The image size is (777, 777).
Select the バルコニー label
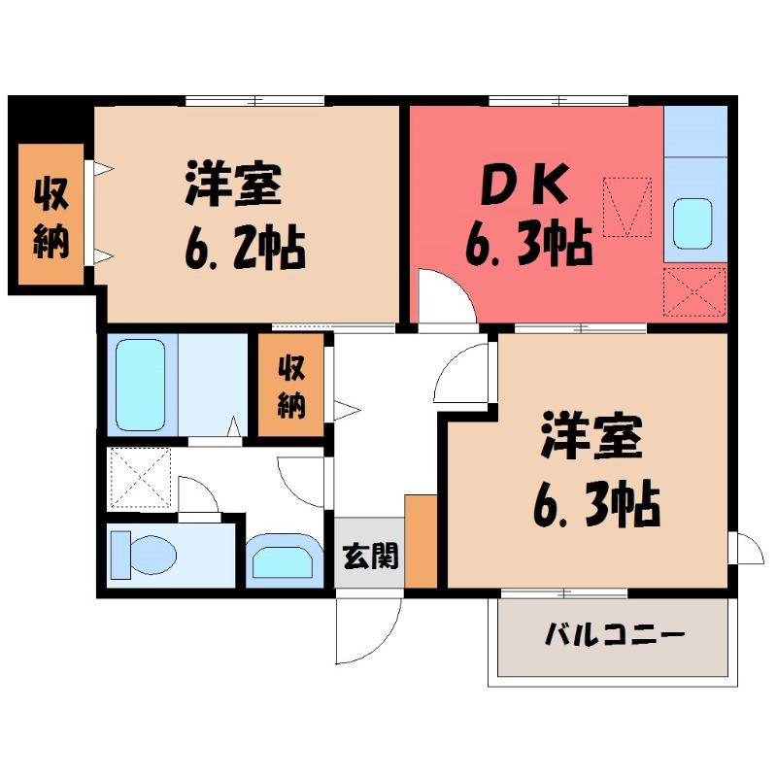pos(615,636)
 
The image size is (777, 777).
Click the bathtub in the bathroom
pos(140,384)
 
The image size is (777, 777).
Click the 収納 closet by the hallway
pos(291,386)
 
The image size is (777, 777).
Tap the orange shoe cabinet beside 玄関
pos(421,541)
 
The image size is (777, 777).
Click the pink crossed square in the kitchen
pos(694,291)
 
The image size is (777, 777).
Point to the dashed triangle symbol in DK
pos(626,206)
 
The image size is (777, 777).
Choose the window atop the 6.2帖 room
pos(254,100)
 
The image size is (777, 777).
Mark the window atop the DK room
pos(558,100)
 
